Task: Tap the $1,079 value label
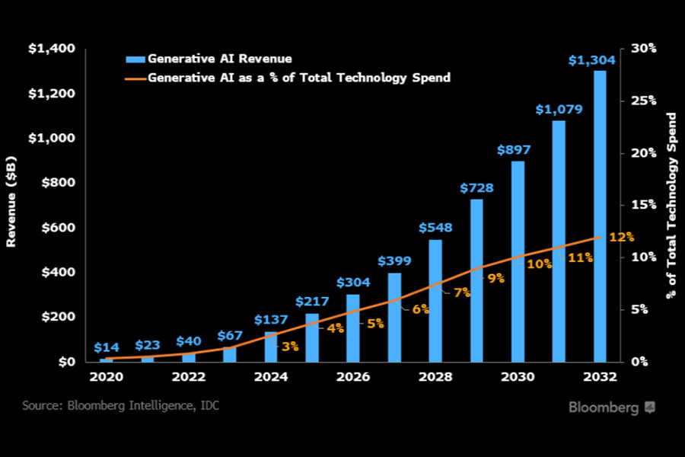(559, 110)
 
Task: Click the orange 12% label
(621, 237)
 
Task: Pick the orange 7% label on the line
(462, 292)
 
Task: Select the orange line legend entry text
(298, 77)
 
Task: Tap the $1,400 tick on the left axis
(52, 49)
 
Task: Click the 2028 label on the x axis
(435, 377)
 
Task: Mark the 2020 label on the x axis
(106, 377)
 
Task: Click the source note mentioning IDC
(120, 405)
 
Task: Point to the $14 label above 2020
(106, 347)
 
